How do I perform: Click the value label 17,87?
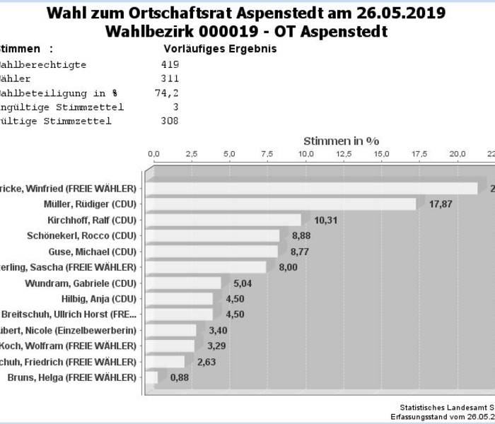click(x=441, y=204)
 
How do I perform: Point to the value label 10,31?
click(x=325, y=220)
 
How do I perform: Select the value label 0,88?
click(x=180, y=377)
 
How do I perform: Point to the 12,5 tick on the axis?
click(x=344, y=154)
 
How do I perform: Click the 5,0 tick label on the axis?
click(x=229, y=154)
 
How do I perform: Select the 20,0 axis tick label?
click(x=459, y=154)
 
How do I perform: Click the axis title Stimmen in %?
click(x=341, y=141)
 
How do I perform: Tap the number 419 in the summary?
click(x=170, y=64)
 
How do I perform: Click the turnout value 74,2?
click(x=167, y=93)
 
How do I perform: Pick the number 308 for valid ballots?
click(x=170, y=121)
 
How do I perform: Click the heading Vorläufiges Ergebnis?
click(x=219, y=49)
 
